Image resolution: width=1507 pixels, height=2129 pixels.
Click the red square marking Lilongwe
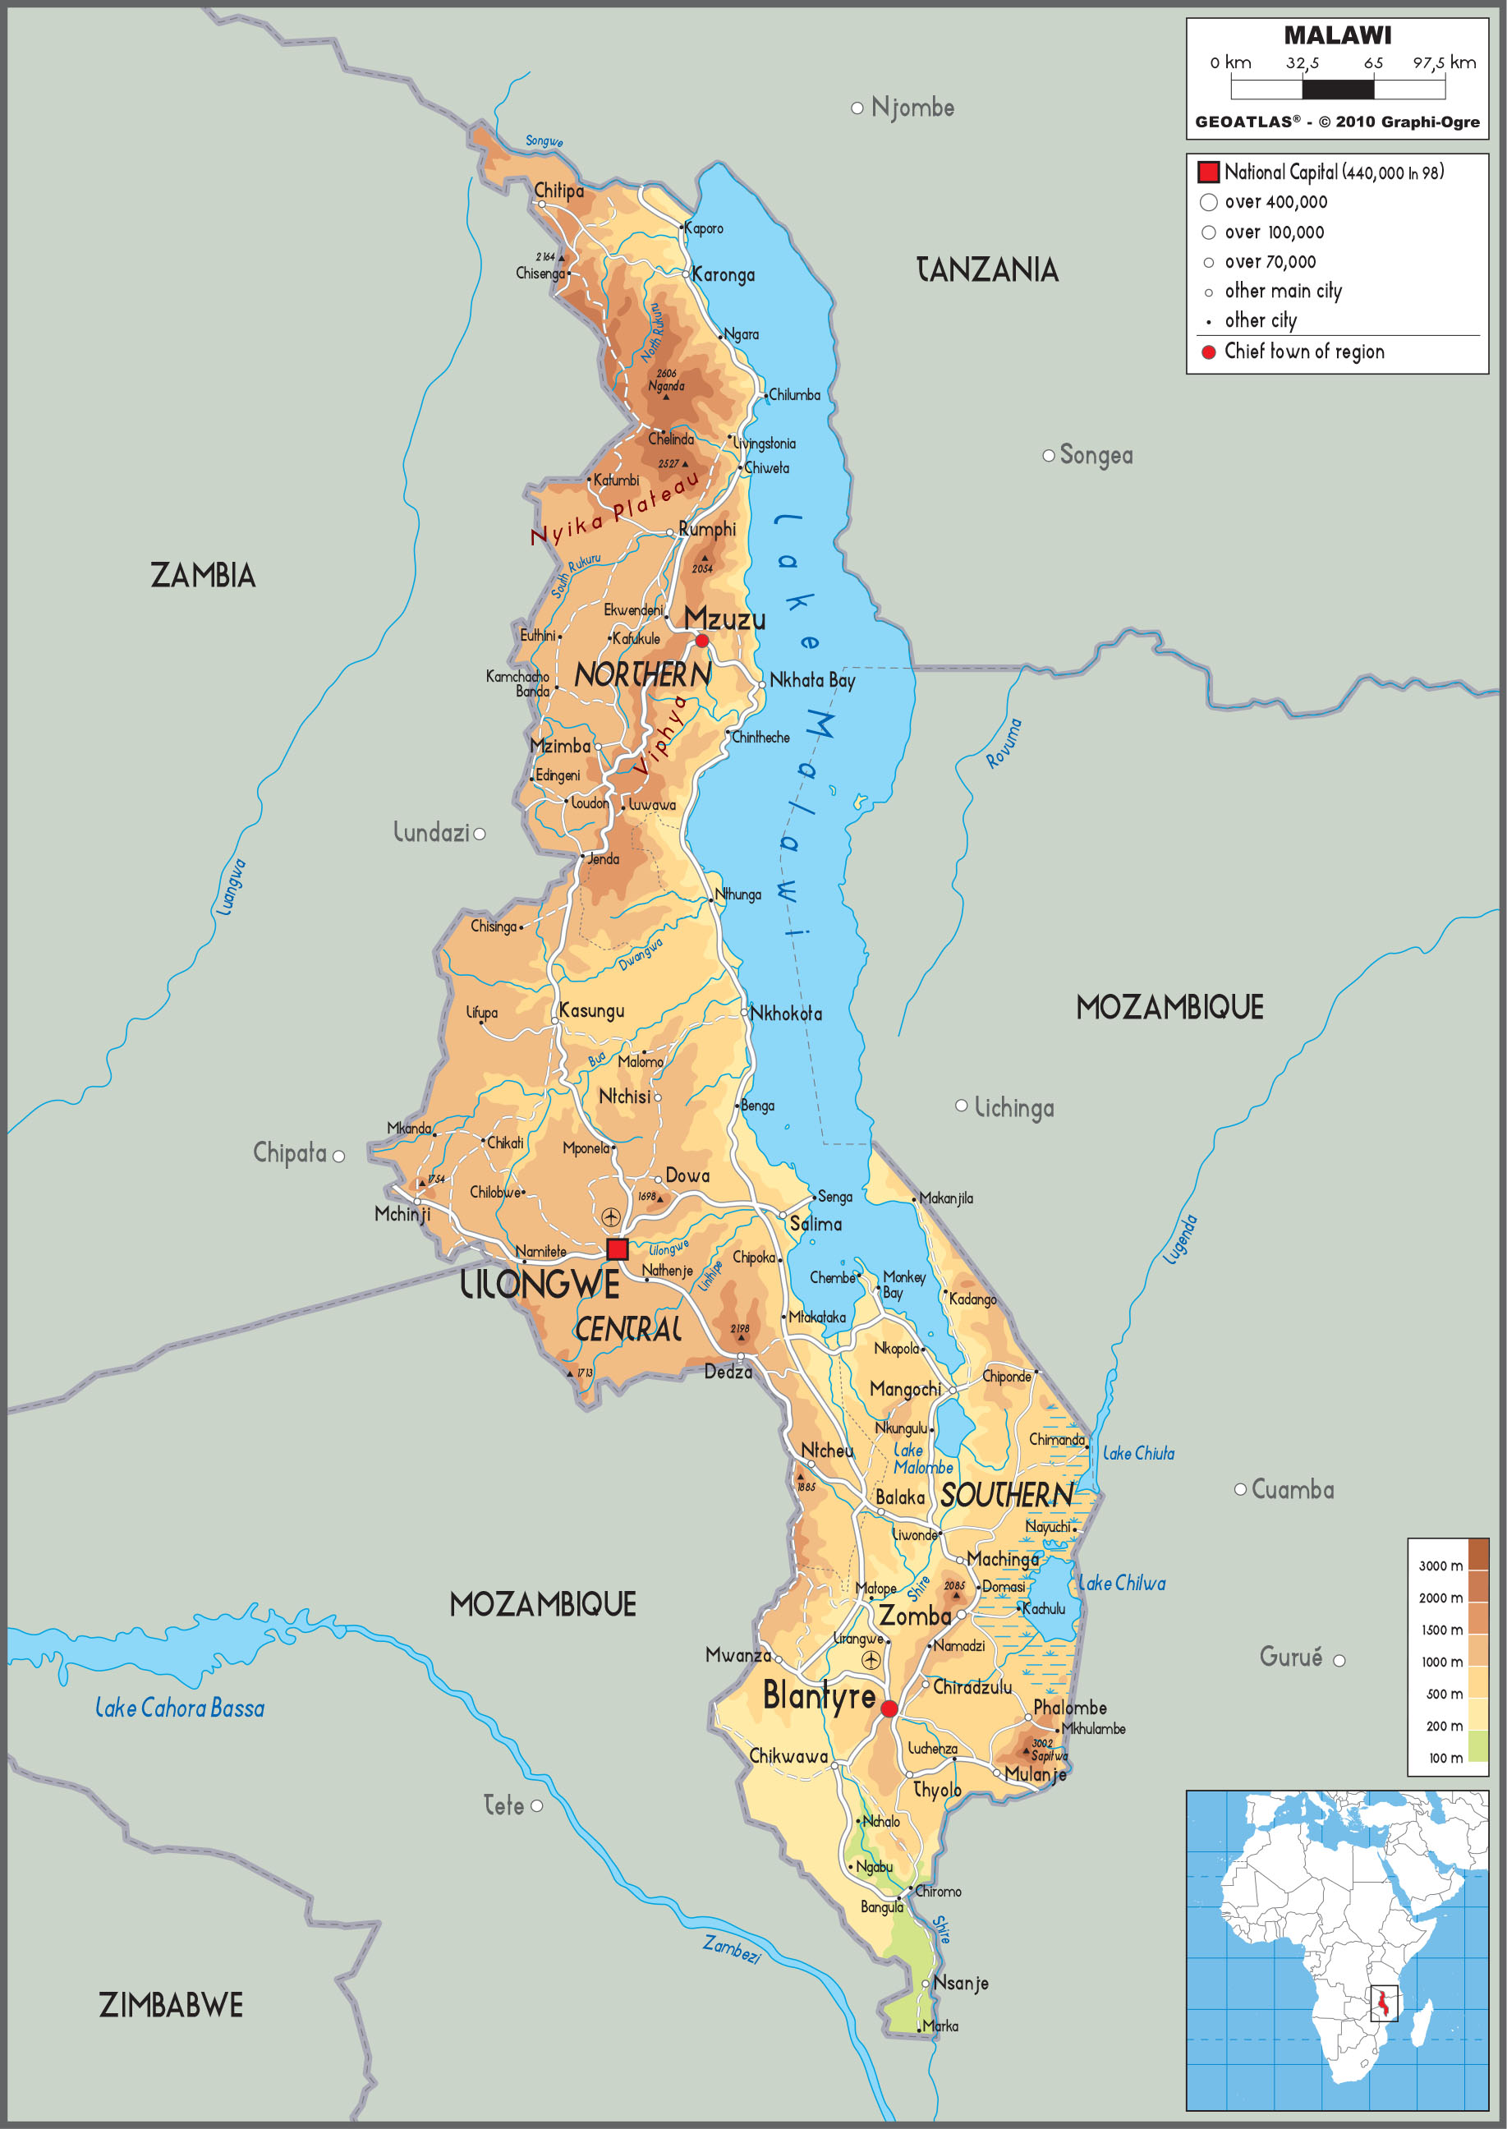coord(617,1249)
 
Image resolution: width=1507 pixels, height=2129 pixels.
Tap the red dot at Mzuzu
coord(701,641)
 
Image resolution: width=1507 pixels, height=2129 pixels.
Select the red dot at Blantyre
coord(888,1708)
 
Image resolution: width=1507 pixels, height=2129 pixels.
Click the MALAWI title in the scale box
coord(1337,35)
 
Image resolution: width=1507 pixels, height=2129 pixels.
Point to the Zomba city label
coord(914,1616)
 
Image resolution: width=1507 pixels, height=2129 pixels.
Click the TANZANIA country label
coord(987,270)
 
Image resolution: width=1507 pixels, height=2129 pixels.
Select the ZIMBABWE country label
coord(171,2006)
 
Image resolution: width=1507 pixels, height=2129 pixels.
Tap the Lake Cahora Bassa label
coord(180,1708)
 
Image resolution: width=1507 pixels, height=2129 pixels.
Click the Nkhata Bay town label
coord(812,680)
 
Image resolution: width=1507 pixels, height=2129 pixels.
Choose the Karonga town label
coord(723,274)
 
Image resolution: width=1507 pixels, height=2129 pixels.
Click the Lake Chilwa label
coord(1121,1584)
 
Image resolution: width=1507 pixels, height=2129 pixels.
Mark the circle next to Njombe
coord(857,108)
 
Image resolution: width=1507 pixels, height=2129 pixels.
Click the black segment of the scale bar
coord(1337,89)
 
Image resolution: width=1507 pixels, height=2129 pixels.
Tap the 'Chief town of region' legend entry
coord(1304,352)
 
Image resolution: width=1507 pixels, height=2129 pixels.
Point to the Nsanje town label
coord(960,1984)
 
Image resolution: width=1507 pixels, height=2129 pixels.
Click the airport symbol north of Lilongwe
coord(610,1216)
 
